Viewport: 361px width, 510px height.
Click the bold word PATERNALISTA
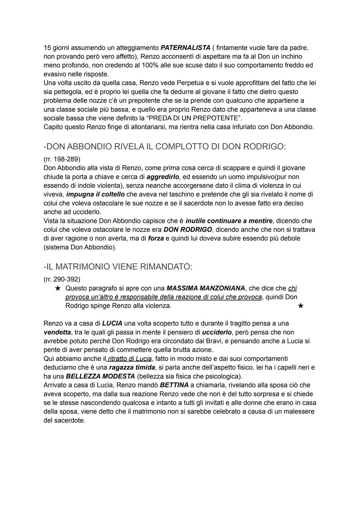tap(186, 48)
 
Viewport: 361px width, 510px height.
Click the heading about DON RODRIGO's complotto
tap(164, 146)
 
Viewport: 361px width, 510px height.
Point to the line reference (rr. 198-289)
tap(62, 159)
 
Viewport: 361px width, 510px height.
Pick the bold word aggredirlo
tap(163, 177)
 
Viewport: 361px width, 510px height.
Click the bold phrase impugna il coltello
tap(96, 194)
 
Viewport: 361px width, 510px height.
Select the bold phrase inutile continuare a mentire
tap(229, 221)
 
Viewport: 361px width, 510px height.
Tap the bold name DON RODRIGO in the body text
tap(188, 230)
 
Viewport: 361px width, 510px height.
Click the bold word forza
tap(156, 238)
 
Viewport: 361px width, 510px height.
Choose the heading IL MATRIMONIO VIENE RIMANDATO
tap(118, 267)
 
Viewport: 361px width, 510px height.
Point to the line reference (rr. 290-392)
tap(62, 279)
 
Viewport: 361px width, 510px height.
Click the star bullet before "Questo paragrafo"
tap(58, 288)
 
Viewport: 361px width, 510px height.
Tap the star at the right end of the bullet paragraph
tap(300, 306)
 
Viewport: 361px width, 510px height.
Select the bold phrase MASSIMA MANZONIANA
tap(206, 288)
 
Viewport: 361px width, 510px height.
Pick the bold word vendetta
tap(57, 332)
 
